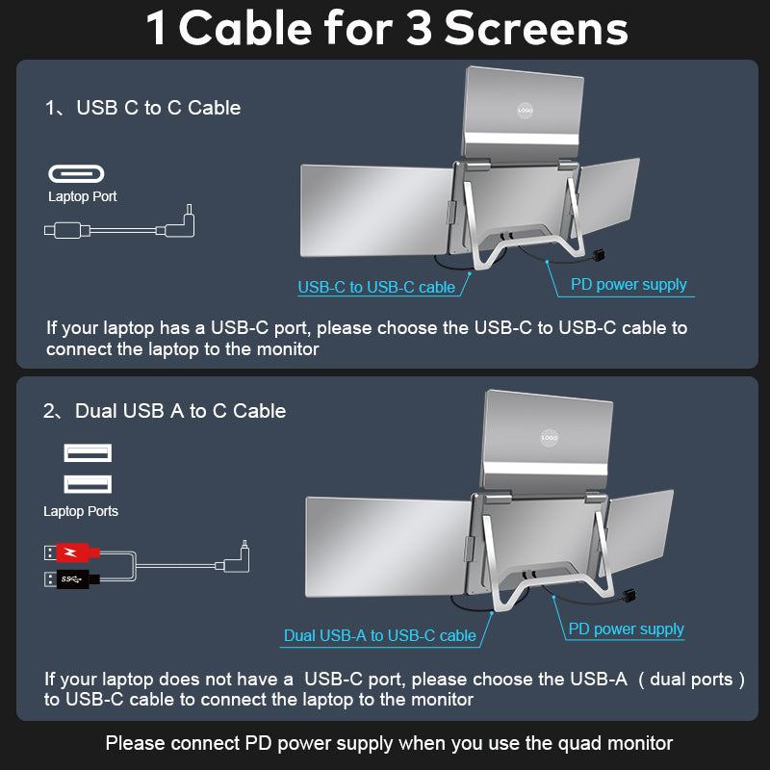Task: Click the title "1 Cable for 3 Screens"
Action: coord(386,28)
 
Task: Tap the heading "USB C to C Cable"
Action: coord(159,108)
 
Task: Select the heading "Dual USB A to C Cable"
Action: coord(180,411)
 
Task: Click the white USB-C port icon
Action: coord(76,174)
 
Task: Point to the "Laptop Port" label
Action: coord(83,197)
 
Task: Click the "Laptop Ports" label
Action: coord(81,511)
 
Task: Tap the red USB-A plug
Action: coord(72,552)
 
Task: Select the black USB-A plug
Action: coord(72,578)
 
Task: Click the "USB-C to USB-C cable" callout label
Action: coord(376,287)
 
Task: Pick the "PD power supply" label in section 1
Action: coord(629,284)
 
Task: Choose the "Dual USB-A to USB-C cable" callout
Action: coord(379,635)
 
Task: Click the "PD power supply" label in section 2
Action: coord(626,629)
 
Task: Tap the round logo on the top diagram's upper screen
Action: coord(525,112)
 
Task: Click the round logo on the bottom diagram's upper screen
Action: coord(549,437)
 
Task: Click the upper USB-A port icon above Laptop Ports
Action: coord(88,452)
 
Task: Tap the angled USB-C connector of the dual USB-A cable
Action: coord(240,558)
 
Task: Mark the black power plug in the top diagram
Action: coord(602,257)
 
